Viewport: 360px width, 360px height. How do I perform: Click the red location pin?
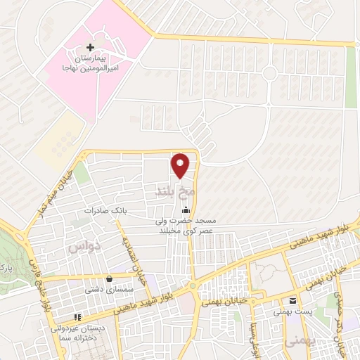click(181, 165)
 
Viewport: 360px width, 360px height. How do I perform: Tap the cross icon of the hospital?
click(89, 46)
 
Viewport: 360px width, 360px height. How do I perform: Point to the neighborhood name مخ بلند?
click(172, 190)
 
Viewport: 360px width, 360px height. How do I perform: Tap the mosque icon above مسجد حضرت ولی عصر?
click(186, 210)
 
